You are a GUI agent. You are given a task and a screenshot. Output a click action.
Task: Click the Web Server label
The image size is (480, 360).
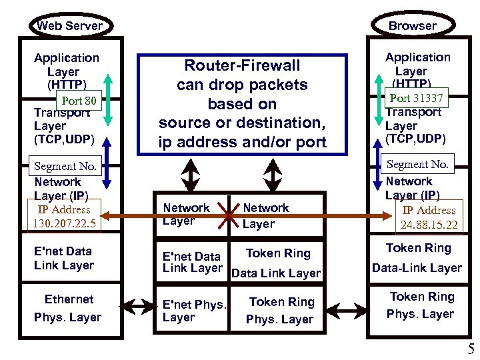point(70,26)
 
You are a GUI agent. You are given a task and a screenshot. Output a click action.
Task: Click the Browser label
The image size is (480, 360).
point(413,26)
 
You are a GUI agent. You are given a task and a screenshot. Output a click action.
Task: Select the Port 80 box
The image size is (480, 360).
point(79,101)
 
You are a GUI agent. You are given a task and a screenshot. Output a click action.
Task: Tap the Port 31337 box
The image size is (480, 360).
point(417,99)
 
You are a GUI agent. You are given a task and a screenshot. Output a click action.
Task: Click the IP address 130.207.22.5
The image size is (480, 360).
point(64,216)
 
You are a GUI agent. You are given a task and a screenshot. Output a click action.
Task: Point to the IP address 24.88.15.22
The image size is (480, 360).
point(429,217)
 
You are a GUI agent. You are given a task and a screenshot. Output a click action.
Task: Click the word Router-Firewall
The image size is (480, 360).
point(242,65)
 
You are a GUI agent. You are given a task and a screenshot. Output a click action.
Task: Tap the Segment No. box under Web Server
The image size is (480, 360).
point(65,166)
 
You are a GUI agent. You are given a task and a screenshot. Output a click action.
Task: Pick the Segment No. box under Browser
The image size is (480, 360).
point(417,164)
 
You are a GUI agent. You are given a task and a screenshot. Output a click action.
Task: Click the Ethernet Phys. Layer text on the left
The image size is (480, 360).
point(68,308)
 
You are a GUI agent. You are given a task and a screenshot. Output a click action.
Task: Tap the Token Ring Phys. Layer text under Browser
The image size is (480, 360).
point(421,305)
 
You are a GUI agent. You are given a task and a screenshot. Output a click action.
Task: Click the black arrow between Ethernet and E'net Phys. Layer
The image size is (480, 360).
point(137,307)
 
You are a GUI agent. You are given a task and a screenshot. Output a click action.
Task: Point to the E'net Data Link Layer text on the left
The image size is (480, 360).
point(63,258)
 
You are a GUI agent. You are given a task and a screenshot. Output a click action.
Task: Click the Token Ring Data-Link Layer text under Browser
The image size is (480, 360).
point(417,258)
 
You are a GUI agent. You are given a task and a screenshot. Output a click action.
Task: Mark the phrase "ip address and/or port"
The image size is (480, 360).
point(242,142)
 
